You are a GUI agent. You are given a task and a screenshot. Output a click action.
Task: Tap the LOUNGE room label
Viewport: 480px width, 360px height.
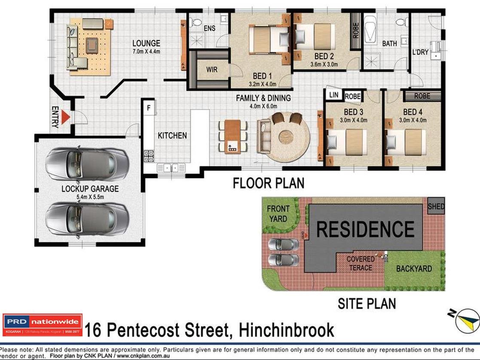click(x=146, y=43)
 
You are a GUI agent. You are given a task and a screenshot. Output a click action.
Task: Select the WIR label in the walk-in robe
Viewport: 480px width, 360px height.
click(x=212, y=69)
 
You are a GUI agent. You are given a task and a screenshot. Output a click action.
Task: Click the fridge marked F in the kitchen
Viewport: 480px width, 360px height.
click(x=149, y=108)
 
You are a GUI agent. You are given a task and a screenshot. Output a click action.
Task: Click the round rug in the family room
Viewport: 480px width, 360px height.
click(x=288, y=137)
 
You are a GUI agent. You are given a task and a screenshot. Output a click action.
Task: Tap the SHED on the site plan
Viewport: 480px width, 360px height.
click(x=436, y=206)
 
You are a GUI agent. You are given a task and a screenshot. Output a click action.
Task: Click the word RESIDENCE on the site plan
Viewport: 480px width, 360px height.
click(x=365, y=229)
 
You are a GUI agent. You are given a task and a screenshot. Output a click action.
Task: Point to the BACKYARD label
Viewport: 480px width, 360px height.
click(x=414, y=269)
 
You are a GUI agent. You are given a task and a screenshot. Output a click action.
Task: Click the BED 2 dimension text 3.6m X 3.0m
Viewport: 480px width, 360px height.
click(x=324, y=65)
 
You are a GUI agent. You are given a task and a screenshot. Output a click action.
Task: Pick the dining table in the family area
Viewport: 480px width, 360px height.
click(x=233, y=136)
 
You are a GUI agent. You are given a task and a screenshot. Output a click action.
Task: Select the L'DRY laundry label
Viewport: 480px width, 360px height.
click(x=420, y=52)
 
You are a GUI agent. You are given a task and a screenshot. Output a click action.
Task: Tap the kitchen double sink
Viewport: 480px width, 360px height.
click(x=171, y=168)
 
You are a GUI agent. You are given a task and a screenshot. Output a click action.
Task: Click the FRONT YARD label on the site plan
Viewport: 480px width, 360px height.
click(x=278, y=213)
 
